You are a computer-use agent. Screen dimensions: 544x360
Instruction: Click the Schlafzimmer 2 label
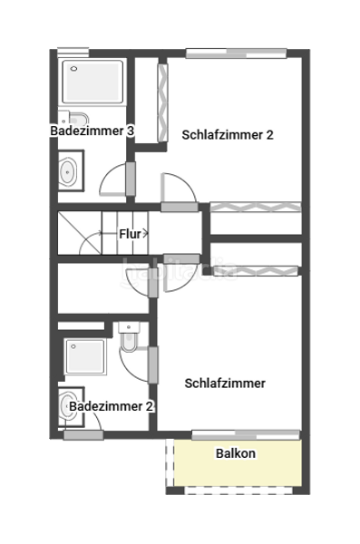click(x=228, y=135)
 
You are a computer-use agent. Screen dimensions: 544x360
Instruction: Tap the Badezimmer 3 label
click(x=92, y=131)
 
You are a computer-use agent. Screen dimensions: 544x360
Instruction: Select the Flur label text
click(x=130, y=234)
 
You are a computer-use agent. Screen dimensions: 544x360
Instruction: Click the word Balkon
click(x=236, y=453)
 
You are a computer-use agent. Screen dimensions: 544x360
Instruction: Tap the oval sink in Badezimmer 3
click(x=69, y=170)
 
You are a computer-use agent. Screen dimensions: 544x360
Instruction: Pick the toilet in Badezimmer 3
click(x=77, y=118)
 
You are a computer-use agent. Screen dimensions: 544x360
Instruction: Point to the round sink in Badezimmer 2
click(x=69, y=404)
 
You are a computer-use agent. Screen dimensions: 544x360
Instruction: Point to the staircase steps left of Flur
click(x=86, y=233)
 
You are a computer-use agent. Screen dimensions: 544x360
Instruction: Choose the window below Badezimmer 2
click(x=83, y=436)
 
